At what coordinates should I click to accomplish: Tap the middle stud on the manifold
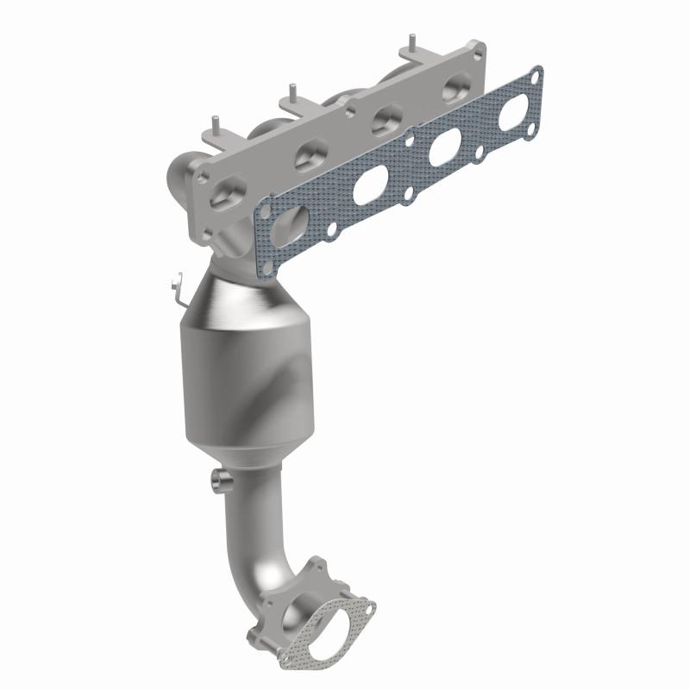point(293,91)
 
